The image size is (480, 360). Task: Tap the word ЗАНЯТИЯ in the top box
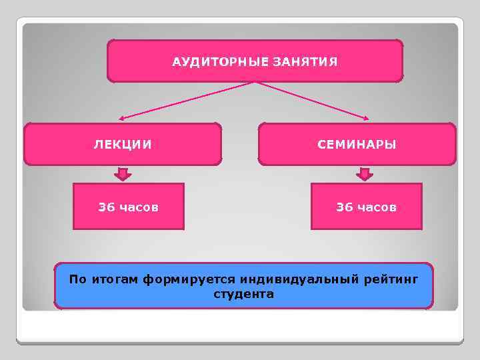pos(305,62)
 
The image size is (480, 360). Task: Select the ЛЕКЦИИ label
pos(122,144)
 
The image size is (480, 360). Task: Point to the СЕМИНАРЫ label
pos(357,144)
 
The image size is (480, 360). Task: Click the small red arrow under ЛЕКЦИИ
pos(123,175)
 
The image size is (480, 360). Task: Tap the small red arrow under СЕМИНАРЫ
pos(364,175)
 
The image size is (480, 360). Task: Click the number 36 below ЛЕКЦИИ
pos(107,207)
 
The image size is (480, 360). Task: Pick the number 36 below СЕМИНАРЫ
pos(345,207)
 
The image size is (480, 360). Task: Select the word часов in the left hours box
pos(139,207)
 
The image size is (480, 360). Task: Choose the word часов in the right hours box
pos(376,207)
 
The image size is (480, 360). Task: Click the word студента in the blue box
pos(243,293)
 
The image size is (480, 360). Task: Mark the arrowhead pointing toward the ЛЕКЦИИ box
pos(123,119)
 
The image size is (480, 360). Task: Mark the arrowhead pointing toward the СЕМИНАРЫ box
pos(365,119)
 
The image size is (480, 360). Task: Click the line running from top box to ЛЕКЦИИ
pos(187,101)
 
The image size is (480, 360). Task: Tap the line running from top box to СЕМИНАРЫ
pos(311,101)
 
